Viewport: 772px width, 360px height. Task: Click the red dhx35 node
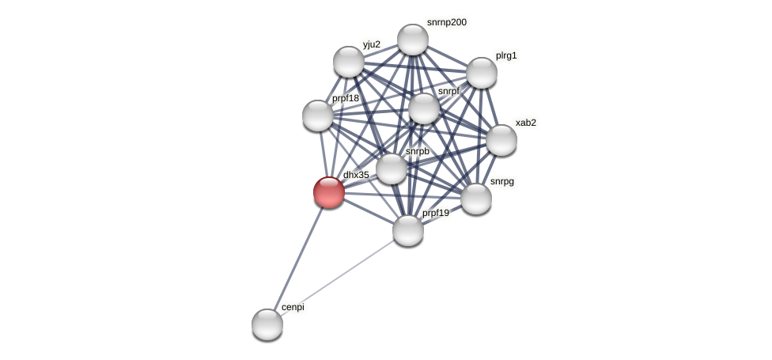[329, 192]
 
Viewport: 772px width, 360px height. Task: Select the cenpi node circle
[267, 324]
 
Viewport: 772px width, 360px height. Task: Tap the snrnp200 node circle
[413, 40]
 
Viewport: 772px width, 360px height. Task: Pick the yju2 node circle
[349, 62]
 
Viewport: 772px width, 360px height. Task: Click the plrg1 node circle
[481, 73]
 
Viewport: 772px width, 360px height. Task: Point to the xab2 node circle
[501, 140]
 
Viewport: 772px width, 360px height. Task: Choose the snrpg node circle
[476, 199]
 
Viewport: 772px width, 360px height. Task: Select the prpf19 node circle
[408, 230]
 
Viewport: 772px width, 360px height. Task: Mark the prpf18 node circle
[318, 116]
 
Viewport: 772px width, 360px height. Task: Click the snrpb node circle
[392, 169]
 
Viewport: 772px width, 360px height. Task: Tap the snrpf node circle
[424, 108]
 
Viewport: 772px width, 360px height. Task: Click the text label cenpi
[293, 307]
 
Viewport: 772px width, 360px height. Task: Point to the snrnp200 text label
[446, 22]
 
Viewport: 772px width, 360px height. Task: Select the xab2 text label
[525, 123]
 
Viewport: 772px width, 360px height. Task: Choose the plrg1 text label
[506, 55]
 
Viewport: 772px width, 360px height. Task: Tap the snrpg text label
[501, 181]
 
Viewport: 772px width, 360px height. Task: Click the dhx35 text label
[356, 175]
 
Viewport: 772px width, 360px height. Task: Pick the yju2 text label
[372, 44]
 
